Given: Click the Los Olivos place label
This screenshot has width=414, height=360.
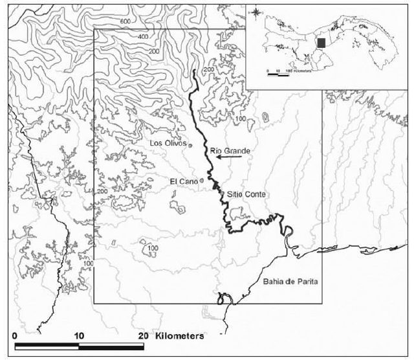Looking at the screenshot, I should tap(168, 143).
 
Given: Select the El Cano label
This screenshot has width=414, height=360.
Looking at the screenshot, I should tap(183, 181).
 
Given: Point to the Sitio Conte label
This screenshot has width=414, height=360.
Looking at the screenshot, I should tap(246, 194).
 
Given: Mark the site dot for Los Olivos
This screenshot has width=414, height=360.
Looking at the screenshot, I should tap(190, 145).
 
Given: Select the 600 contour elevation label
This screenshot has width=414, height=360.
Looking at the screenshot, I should tap(125, 22).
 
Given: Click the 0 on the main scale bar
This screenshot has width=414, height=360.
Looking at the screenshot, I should tap(15, 337).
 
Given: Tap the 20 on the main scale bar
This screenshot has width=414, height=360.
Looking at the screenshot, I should tap(143, 337).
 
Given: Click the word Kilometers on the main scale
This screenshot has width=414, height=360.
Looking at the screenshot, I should tap(179, 337).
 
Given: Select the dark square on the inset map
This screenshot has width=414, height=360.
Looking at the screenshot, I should tap(321, 43).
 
